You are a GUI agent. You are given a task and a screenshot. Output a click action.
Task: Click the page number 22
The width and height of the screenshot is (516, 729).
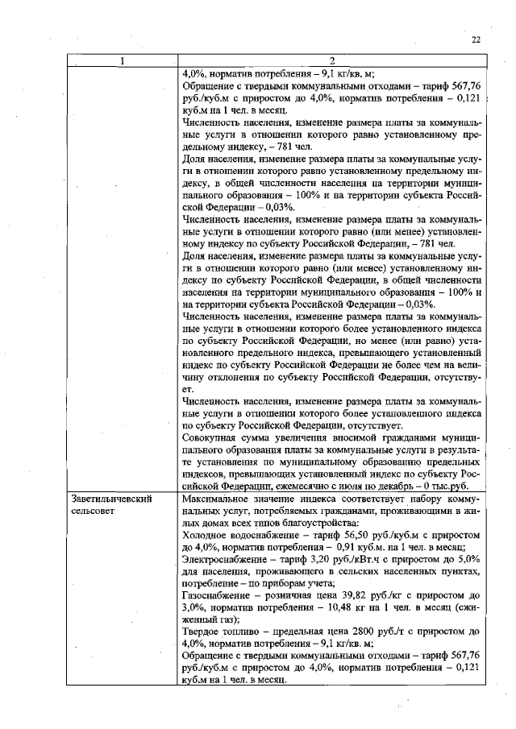[476, 39]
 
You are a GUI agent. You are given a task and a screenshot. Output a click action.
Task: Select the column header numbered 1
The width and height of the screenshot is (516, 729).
[122, 61]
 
